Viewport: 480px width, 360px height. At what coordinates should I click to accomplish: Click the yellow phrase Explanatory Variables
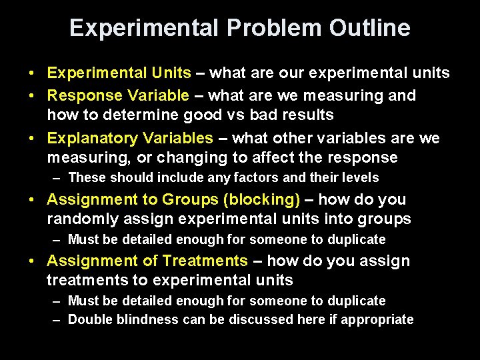coord(130,138)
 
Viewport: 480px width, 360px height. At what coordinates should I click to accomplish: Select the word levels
coord(357,177)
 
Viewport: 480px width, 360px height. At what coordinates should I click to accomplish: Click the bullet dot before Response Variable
coord(33,96)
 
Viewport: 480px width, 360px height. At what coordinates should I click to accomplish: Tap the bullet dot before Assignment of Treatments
coord(33,261)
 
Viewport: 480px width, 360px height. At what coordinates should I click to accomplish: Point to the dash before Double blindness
coord(57,320)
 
